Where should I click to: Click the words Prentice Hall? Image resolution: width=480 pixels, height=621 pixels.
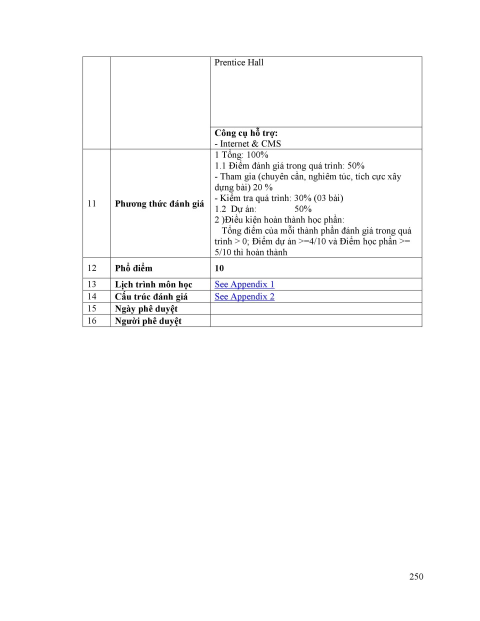(x=238, y=62)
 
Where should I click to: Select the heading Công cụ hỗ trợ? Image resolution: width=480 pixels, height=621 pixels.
(x=246, y=133)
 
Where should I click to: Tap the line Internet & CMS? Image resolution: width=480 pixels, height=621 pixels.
(x=247, y=143)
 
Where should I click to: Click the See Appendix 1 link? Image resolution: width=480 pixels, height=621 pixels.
(x=244, y=284)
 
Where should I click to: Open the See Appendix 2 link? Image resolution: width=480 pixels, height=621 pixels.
(x=244, y=296)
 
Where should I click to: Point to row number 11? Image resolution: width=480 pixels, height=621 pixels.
(x=92, y=203)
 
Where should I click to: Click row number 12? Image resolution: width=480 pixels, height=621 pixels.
(x=92, y=268)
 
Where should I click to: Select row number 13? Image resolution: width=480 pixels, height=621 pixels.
(x=92, y=284)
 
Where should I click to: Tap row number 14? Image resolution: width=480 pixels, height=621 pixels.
(x=92, y=296)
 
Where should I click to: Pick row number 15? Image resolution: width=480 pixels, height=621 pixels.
(x=92, y=308)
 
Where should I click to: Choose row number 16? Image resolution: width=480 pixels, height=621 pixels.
(x=92, y=320)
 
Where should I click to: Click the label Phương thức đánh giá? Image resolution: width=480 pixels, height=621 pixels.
(x=159, y=203)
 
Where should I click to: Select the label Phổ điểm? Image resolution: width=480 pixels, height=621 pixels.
(x=133, y=268)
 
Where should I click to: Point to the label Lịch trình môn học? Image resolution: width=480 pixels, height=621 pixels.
(x=153, y=284)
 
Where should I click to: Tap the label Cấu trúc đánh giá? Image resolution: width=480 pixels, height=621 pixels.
(x=151, y=296)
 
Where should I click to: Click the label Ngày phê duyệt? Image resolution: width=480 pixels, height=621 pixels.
(x=146, y=308)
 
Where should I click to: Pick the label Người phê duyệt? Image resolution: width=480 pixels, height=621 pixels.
(x=148, y=321)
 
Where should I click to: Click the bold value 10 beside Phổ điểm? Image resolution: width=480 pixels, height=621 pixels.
(x=219, y=268)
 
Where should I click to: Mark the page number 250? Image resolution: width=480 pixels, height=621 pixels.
(x=416, y=576)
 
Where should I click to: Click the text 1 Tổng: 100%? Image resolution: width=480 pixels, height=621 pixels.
(x=241, y=155)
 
